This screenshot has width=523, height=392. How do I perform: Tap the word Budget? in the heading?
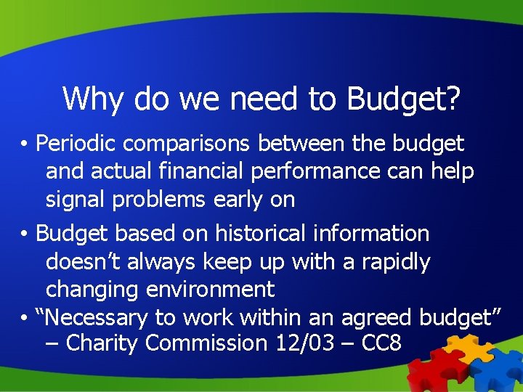(404, 99)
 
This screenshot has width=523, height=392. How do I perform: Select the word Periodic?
(77, 144)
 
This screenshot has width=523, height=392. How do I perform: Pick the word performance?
(333, 172)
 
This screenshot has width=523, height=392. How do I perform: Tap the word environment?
(211, 290)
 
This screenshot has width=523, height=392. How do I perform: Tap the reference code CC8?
(381, 343)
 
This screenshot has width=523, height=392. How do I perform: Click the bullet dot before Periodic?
(25, 144)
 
